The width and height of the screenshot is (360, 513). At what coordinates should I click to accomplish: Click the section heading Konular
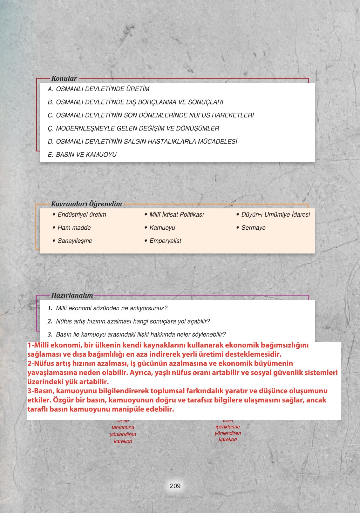coord(64,78)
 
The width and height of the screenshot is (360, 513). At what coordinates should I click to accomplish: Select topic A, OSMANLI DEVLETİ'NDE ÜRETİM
coord(98,89)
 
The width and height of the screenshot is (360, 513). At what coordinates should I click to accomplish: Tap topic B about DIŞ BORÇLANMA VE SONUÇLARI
coord(135,102)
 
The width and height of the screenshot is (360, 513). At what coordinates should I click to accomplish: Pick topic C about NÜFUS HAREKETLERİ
coord(151,115)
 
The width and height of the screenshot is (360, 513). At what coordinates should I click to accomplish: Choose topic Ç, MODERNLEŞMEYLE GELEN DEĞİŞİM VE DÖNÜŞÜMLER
coord(133,129)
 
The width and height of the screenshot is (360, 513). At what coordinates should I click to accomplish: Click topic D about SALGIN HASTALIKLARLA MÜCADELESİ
coord(142,142)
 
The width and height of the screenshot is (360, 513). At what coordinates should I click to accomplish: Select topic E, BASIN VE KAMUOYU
coord(82,155)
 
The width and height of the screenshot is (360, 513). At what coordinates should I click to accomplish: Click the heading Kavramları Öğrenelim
coord(86,204)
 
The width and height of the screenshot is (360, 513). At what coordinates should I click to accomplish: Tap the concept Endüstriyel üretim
coord(82,215)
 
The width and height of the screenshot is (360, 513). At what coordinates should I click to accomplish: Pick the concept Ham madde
coord(74,228)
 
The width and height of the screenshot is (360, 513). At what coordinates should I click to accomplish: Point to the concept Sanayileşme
coord(75,241)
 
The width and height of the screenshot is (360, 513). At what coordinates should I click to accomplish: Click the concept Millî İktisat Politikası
coord(176,215)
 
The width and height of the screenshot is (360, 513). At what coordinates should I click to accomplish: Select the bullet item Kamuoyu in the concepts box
coord(162,228)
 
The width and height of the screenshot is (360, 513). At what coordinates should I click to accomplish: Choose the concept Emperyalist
coord(165,241)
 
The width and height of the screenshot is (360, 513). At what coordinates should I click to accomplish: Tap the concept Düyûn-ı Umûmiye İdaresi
coord(275,215)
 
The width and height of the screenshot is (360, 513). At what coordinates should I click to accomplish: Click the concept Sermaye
coord(253,228)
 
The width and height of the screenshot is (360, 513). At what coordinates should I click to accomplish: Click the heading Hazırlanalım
coord(72,295)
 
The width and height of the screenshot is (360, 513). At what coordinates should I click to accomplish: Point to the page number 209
coord(175,486)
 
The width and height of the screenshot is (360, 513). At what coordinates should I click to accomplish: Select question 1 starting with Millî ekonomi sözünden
coord(111,308)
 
